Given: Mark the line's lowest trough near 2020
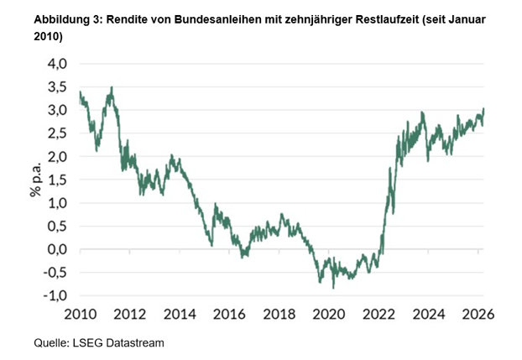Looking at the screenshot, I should pos(334,288).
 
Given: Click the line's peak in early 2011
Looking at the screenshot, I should pos(111,86).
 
